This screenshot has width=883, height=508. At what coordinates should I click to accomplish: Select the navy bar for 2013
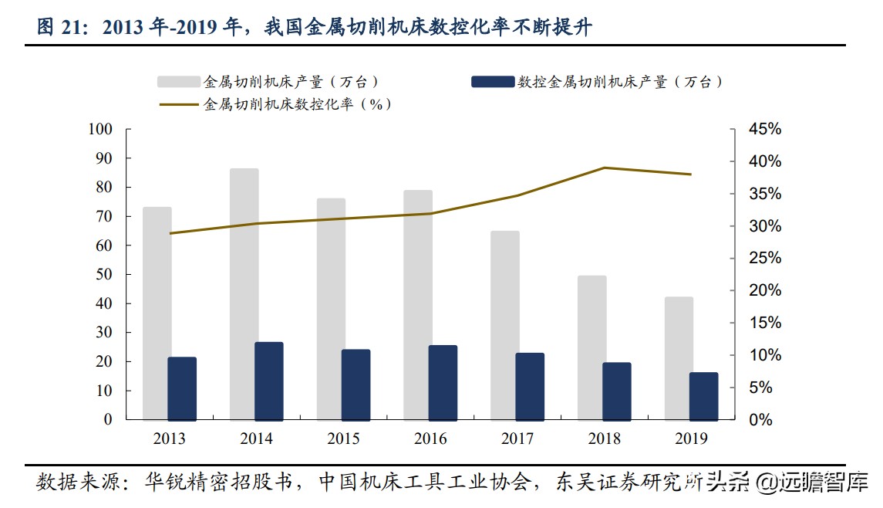tap(182, 388)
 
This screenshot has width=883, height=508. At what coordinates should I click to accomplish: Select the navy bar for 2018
tap(617, 391)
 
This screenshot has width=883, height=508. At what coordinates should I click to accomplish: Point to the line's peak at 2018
tap(605, 168)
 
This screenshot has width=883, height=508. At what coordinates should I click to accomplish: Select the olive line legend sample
tap(180, 104)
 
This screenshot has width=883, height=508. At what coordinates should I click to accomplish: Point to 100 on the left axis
tap(100, 130)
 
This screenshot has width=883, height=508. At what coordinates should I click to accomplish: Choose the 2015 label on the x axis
tap(343, 439)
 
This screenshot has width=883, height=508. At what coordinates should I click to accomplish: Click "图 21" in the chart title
tap(59, 29)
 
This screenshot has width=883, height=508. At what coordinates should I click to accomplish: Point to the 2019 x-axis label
tap(691, 439)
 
